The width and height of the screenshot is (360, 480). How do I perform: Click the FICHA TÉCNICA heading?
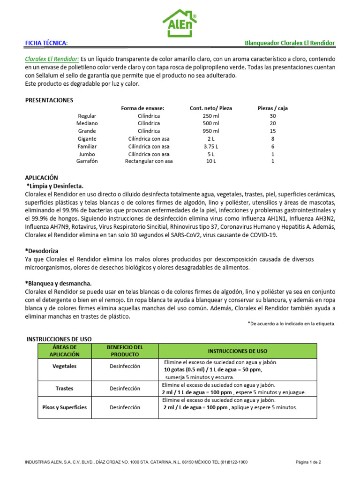pos(46,43)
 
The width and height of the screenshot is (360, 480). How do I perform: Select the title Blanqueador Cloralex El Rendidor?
pos(290,43)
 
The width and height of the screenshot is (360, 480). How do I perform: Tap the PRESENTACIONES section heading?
pos(49,100)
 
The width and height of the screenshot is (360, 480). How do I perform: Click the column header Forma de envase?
pos(142,108)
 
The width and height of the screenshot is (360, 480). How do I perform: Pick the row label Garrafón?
pos(87,161)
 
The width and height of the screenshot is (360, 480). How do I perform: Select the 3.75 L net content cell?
pos(210,146)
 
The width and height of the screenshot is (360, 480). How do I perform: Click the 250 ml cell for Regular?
pos(210,116)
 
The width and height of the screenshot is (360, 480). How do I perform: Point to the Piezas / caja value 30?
pos(273,116)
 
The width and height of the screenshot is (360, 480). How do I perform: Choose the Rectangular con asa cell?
pos(149,161)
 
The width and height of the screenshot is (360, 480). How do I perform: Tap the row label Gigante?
pos(87,139)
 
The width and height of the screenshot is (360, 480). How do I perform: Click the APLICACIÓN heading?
pos(41,178)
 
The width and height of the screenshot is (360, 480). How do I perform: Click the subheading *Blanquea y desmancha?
pos(58,283)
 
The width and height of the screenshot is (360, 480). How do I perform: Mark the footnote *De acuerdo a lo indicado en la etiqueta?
pos(291,323)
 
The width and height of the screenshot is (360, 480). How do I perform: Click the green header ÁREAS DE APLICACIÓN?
pos(64,351)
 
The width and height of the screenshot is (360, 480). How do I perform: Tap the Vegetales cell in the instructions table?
pos(64,366)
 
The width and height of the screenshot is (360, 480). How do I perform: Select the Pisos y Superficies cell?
pos(64,407)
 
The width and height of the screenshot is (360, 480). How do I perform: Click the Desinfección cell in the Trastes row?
pos(125,388)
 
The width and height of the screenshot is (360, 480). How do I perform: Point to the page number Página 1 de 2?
pos(308,462)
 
